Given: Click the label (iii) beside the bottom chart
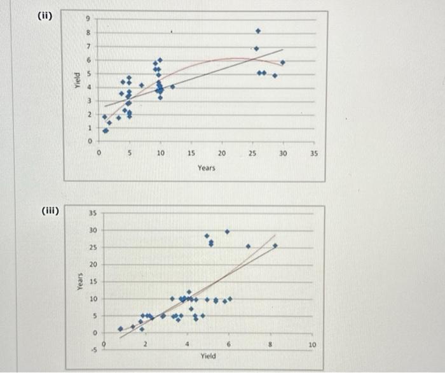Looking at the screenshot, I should (48, 209).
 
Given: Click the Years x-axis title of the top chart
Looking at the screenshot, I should (206, 167).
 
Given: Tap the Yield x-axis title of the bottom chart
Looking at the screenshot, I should (207, 356).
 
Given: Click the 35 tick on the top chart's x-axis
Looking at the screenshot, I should (313, 153).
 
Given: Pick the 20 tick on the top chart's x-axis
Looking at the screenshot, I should (222, 153).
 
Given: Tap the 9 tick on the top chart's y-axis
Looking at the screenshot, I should (90, 19).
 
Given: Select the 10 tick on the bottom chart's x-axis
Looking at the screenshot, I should (312, 344).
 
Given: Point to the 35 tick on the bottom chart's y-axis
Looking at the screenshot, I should (92, 213).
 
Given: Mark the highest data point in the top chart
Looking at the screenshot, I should (257, 31).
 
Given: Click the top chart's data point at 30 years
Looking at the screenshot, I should (282, 62).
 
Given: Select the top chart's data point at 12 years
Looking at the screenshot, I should (172, 87).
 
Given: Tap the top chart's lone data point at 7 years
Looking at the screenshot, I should (141, 85).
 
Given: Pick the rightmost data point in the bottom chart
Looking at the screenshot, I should (275, 245).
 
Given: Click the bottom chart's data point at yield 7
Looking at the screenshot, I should (248, 246).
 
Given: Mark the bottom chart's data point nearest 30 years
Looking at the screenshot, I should (227, 231).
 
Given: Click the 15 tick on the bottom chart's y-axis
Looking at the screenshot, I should (92, 281).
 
